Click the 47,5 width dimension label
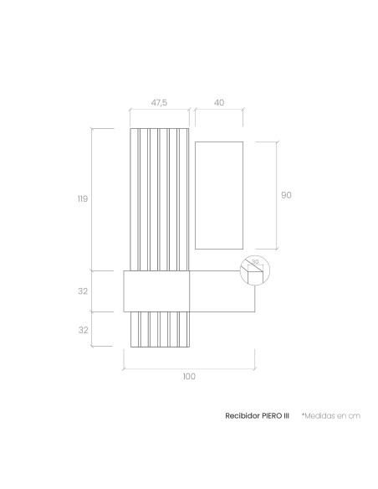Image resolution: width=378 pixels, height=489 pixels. coord(159,102)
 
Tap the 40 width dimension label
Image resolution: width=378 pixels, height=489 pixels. coord(219,102)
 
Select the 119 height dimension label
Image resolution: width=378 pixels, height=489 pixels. coord(83,198)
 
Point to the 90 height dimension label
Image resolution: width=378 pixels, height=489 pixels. coord(286,195)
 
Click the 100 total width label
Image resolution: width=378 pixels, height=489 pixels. coord(189,377)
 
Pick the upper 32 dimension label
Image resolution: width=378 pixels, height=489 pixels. coord(83,291)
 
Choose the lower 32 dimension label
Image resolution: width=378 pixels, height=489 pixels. coord(83,330)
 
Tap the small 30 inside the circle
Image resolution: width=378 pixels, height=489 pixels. coord(255,261)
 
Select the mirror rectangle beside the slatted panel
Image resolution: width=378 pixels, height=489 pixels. coord(219,195)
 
